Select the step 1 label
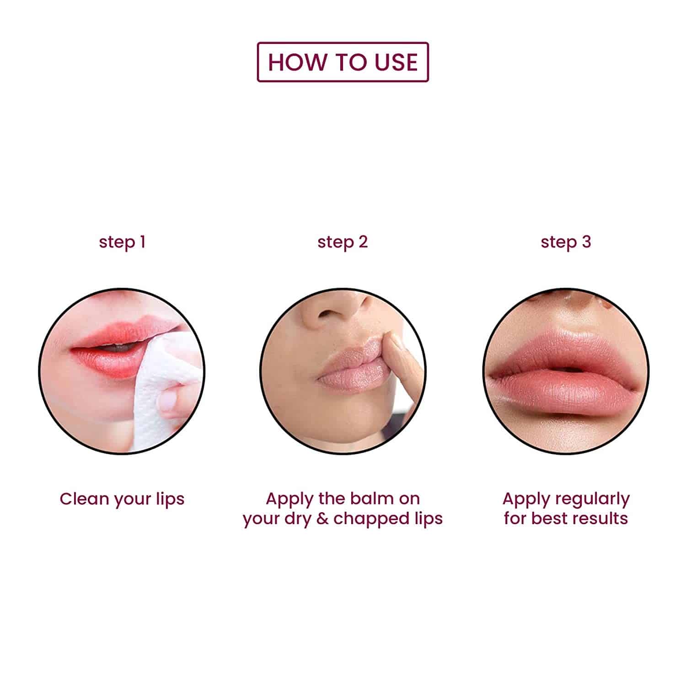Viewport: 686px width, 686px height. tap(122, 242)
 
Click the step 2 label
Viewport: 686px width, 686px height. tap(343, 242)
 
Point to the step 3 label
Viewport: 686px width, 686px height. tap(566, 242)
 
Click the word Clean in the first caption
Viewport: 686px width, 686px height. tap(85, 499)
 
